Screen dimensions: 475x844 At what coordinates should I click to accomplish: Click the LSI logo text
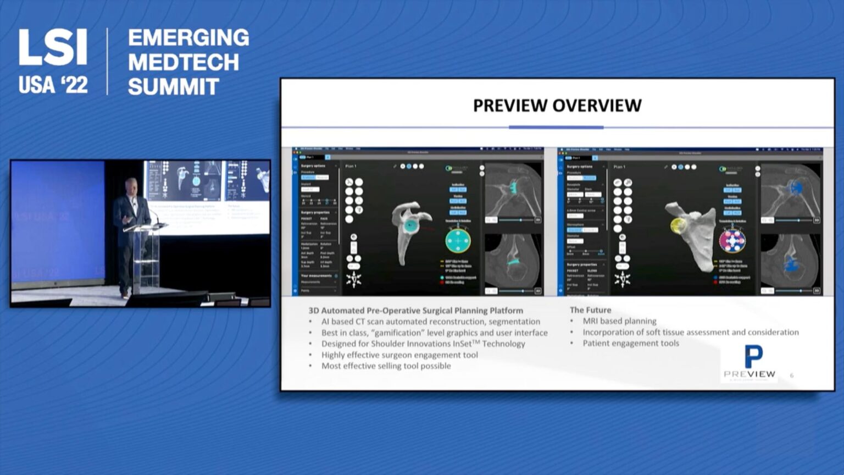(x=53, y=47)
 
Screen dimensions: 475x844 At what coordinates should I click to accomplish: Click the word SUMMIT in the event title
(x=173, y=87)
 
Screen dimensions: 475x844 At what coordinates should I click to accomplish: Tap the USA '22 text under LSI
(x=53, y=85)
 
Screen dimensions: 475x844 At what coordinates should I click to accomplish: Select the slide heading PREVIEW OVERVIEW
(x=557, y=106)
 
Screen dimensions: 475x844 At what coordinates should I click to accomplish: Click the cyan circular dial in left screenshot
(x=458, y=241)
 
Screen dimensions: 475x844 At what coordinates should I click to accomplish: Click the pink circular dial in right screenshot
(x=732, y=241)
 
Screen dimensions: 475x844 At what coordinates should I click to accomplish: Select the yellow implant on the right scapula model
(x=679, y=225)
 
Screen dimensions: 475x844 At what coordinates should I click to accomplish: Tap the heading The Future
(x=590, y=310)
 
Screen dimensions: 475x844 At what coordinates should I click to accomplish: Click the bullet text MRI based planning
(x=619, y=321)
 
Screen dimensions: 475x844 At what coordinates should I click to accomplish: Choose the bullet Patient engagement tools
(x=630, y=343)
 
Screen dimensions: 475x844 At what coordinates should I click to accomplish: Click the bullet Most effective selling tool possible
(x=386, y=366)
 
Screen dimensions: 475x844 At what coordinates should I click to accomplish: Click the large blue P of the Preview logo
(x=753, y=356)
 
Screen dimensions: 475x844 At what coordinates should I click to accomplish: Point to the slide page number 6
(x=792, y=375)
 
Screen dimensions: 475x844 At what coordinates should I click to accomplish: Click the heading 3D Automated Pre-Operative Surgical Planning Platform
(x=415, y=311)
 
